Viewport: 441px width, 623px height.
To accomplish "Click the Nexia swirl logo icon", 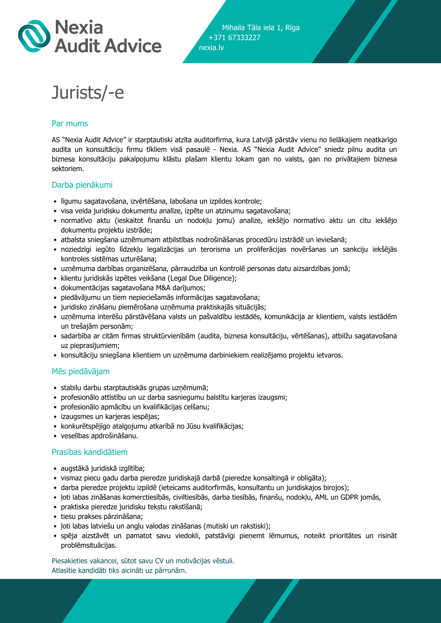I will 34,36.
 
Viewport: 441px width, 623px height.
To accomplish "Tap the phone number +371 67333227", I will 234,38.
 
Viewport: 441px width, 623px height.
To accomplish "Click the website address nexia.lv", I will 211,48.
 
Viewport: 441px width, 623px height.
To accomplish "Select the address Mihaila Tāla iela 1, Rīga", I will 261,28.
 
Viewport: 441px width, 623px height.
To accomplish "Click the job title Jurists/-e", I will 88,92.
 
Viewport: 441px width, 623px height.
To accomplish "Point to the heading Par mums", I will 70,124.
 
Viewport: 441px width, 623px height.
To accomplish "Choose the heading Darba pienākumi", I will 82,185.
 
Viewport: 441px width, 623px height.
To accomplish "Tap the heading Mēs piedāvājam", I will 81,372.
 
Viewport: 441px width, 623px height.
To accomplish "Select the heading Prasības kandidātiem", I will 90,452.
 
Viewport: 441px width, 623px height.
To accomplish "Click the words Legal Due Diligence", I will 202,278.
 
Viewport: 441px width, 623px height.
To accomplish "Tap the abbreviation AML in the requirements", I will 322,497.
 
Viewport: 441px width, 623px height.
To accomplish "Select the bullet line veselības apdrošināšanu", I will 99,436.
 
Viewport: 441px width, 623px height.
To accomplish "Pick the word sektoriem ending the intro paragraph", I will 68,169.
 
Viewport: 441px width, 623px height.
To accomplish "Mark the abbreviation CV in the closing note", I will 159,561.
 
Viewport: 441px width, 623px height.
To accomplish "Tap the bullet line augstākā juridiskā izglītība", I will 103,468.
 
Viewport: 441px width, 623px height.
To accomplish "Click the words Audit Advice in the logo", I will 108,46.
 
